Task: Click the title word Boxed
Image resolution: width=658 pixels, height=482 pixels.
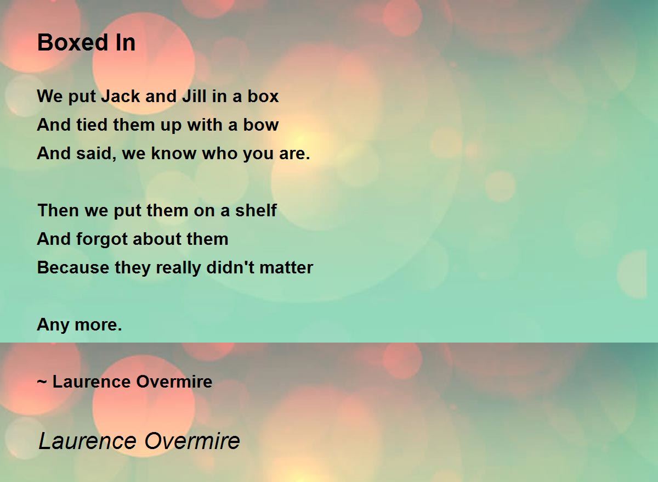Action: pyautogui.click(x=73, y=42)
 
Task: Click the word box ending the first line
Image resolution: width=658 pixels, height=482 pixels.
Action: pyautogui.click(x=263, y=96)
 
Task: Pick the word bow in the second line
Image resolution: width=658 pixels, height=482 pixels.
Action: pyautogui.click(x=261, y=125)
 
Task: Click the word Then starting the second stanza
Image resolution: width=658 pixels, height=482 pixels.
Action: pyautogui.click(x=58, y=210)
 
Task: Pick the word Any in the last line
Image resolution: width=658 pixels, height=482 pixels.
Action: pyautogui.click(x=53, y=325)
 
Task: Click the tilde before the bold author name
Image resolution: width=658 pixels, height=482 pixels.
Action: pyautogui.click(x=42, y=382)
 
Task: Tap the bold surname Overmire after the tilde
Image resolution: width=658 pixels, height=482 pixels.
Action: pyautogui.click(x=174, y=382)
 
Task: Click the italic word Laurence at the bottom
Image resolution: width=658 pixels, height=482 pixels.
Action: pyautogui.click(x=88, y=441)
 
